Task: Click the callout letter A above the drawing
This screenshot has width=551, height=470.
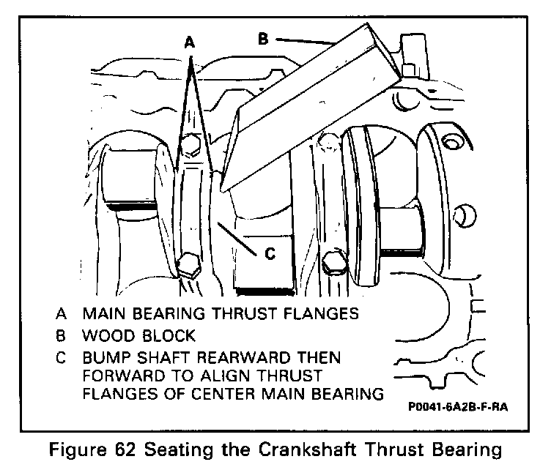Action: pos(190,43)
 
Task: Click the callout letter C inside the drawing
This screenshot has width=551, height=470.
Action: pos(269,254)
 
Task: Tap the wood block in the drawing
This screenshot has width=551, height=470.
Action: pos(308,110)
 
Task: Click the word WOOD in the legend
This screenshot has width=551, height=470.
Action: pos(104,337)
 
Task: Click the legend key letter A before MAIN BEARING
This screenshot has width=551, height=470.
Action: pos(59,314)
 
